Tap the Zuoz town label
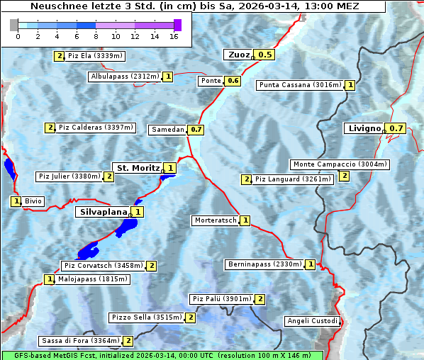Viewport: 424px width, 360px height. pos(238,55)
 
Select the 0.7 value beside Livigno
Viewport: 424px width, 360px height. pos(397,128)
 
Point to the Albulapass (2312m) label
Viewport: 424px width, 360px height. pos(125,77)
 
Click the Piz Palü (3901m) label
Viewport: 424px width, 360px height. pos(221,299)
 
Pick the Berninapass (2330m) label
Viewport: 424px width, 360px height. pos(265,264)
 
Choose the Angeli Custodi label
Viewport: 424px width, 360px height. pos(313,321)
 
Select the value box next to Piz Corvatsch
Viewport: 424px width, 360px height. pos(152,266)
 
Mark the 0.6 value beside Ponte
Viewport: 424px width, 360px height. pos(233,81)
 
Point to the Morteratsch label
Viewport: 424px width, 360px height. pos(215,220)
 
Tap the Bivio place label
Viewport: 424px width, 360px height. pos(33,201)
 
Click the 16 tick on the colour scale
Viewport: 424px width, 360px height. pos(174,36)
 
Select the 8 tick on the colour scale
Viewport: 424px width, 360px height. pos(96,36)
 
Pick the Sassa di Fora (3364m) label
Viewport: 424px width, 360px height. pos(79,341)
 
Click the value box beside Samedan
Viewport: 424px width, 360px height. pos(196,130)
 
